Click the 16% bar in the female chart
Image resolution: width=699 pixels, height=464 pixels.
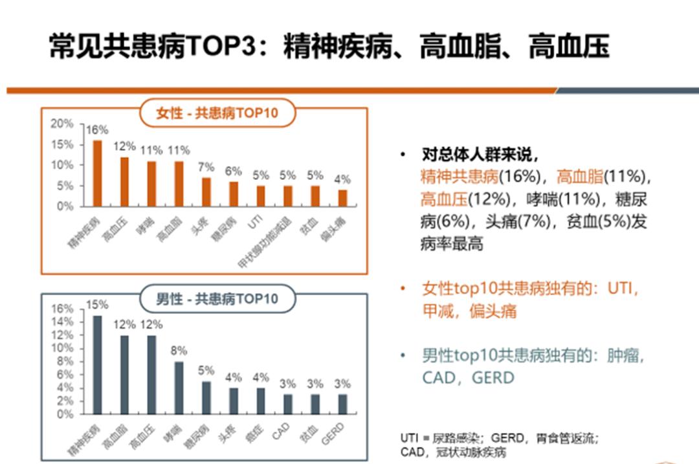[97, 173]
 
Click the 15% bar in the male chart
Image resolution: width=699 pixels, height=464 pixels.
[97, 365]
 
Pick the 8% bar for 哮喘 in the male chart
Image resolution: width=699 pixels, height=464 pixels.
[179, 388]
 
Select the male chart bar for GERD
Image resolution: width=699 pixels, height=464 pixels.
[342, 404]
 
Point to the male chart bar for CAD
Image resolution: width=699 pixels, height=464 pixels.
[288, 404]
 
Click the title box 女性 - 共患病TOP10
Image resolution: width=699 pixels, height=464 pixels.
[217, 113]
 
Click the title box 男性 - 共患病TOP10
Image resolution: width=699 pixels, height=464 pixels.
[217, 299]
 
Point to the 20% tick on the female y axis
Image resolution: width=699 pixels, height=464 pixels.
[63, 124]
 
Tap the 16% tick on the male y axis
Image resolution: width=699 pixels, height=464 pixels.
[63, 309]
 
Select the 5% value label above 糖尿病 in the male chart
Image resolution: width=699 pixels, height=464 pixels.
[206, 370]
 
